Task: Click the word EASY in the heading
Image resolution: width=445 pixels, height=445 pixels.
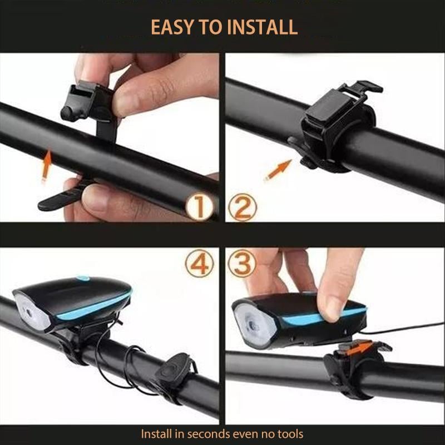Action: click(174, 27)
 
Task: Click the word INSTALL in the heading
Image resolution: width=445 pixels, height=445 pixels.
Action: click(263, 27)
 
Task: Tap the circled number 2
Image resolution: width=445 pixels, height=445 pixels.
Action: click(243, 207)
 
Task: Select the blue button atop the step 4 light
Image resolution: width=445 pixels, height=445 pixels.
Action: click(83, 278)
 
